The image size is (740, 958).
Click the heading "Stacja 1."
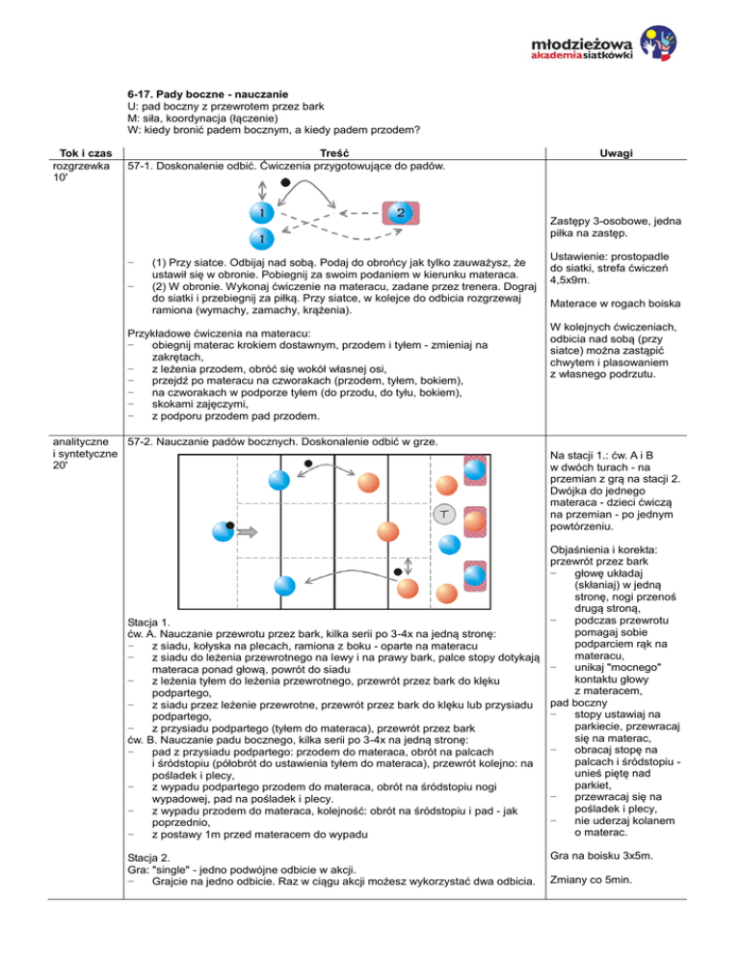[150, 621]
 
